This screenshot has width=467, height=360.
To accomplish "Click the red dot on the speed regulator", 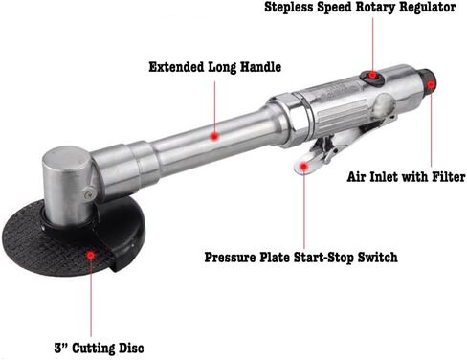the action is pyautogui.click(x=372, y=76).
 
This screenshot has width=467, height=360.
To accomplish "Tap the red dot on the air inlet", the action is pyautogui.click(x=431, y=85).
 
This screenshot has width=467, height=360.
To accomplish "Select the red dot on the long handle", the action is pyautogui.click(x=214, y=137).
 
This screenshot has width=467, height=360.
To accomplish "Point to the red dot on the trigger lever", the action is pyautogui.click(x=303, y=166).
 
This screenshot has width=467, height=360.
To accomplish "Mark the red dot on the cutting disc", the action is pyautogui.click(x=91, y=256).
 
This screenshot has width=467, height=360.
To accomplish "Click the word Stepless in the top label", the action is pyautogui.click(x=289, y=8).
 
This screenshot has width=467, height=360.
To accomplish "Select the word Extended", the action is pyautogui.click(x=176, y=67).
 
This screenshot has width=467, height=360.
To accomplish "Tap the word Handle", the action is pyautogui.click(x=260, y=67).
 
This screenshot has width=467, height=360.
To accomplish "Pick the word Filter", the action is pyautogui.click(x=449, y=176).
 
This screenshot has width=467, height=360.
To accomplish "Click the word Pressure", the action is pyautogui.click(x=230, y=258).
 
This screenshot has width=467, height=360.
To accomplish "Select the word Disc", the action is pyautogui.click(x=131, y=348).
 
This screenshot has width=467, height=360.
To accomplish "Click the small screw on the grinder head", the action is pyautogui.click(x=90, y=193).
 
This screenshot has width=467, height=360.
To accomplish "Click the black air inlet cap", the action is pyautogui.click(x=427, y=81).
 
